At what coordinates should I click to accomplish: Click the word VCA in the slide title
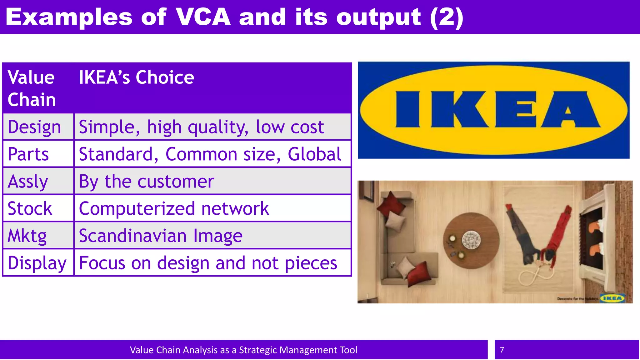[203, 17]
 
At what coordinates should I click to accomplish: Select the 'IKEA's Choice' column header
[136, 77]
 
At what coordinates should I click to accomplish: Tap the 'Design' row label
[34, 127]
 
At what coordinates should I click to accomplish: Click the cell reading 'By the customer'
[147, 182]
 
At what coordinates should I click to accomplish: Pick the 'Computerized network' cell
[174, 209]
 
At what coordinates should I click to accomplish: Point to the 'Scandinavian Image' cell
[161, 236]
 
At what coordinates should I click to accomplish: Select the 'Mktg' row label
[27, 236]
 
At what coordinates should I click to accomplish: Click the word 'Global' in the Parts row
[314, 154]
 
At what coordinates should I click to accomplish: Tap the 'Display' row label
[37, 263]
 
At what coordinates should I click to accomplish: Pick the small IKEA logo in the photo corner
[612, 298]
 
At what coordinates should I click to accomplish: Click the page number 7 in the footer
[502, 350]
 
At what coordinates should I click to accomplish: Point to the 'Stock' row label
[30, 209]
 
